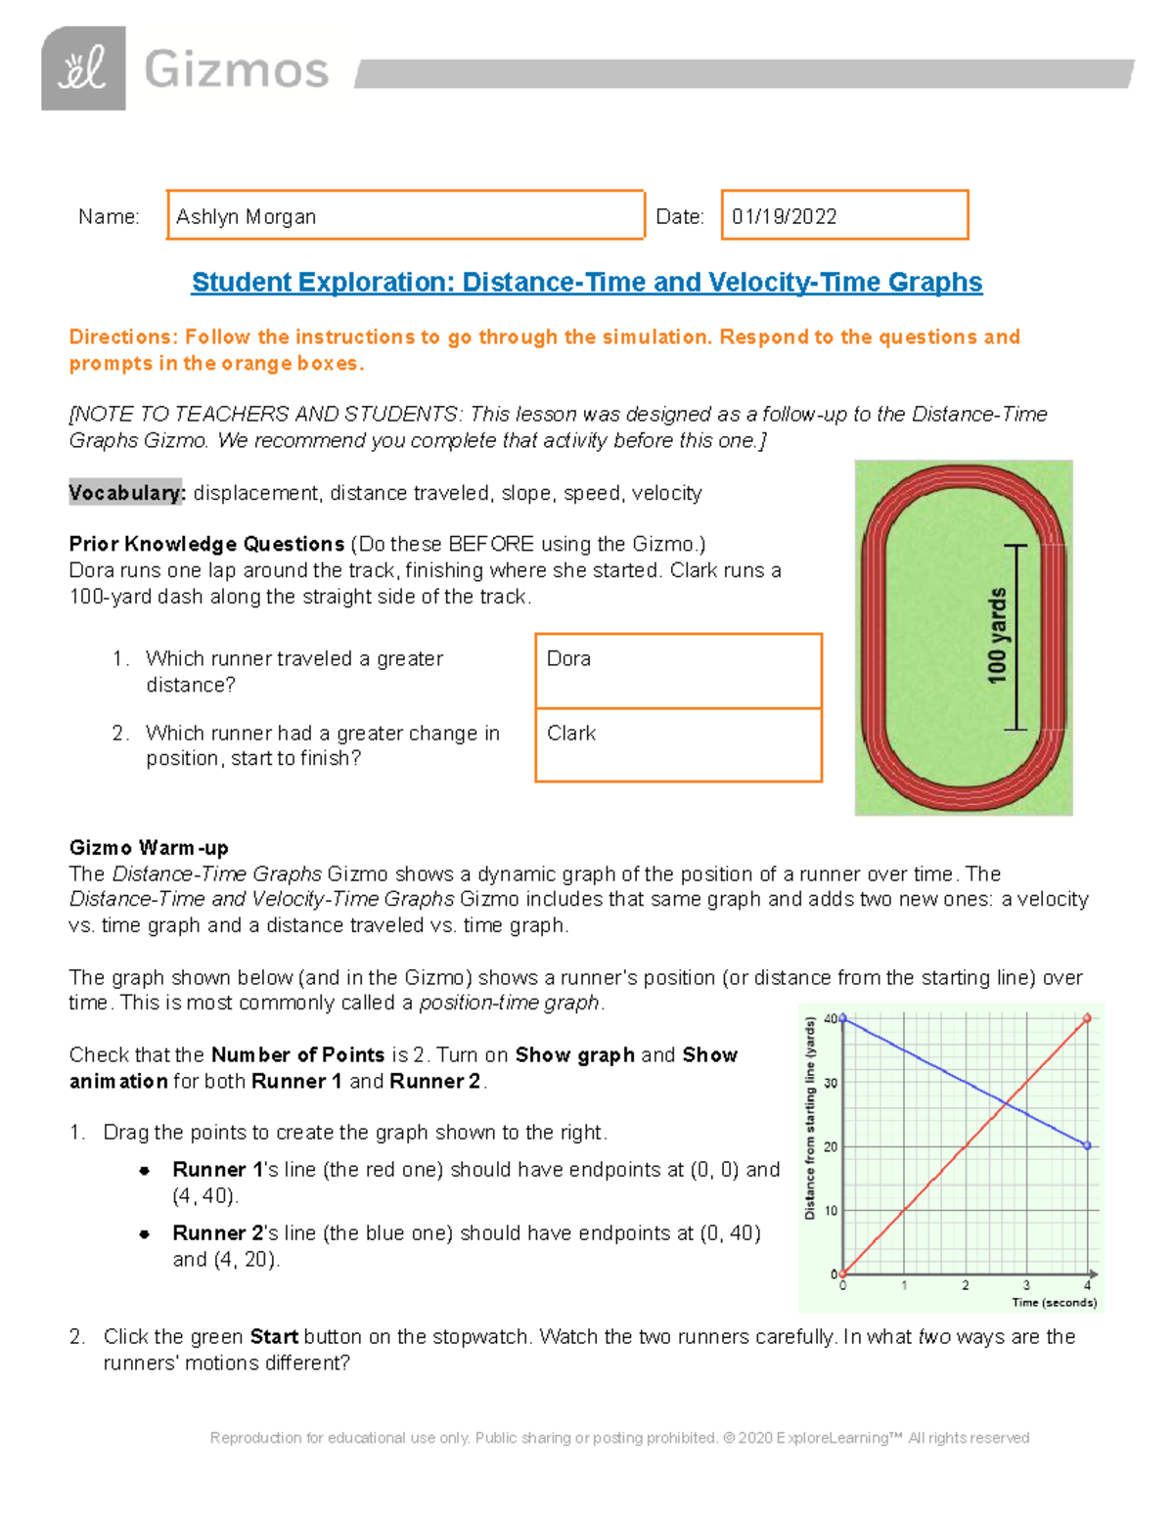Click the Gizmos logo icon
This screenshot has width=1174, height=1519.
83,68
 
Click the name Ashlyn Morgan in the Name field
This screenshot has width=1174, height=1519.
246,217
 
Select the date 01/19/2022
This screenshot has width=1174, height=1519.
784,217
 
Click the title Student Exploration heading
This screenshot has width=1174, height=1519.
586,283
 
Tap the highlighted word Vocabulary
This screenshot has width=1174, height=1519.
126,493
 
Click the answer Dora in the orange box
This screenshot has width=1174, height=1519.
568,659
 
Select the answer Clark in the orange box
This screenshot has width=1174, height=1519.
571,734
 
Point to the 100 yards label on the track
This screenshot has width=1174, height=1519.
996,636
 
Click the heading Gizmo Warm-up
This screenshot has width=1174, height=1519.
149,847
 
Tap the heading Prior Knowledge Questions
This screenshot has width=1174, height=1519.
206,544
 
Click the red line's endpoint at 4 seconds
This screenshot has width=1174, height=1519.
1087,1019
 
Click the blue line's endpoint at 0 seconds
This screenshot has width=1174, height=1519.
843,1019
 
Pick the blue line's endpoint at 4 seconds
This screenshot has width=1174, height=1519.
1087,1145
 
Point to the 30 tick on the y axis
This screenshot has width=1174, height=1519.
831,1083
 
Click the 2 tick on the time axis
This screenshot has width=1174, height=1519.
965,1285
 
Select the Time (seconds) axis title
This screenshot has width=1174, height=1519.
1054,1303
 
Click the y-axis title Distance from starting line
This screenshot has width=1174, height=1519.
809,1118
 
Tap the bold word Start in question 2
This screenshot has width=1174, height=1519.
274,1337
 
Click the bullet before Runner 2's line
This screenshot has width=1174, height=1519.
144,1234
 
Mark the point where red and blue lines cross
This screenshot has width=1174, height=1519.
1006,1103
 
